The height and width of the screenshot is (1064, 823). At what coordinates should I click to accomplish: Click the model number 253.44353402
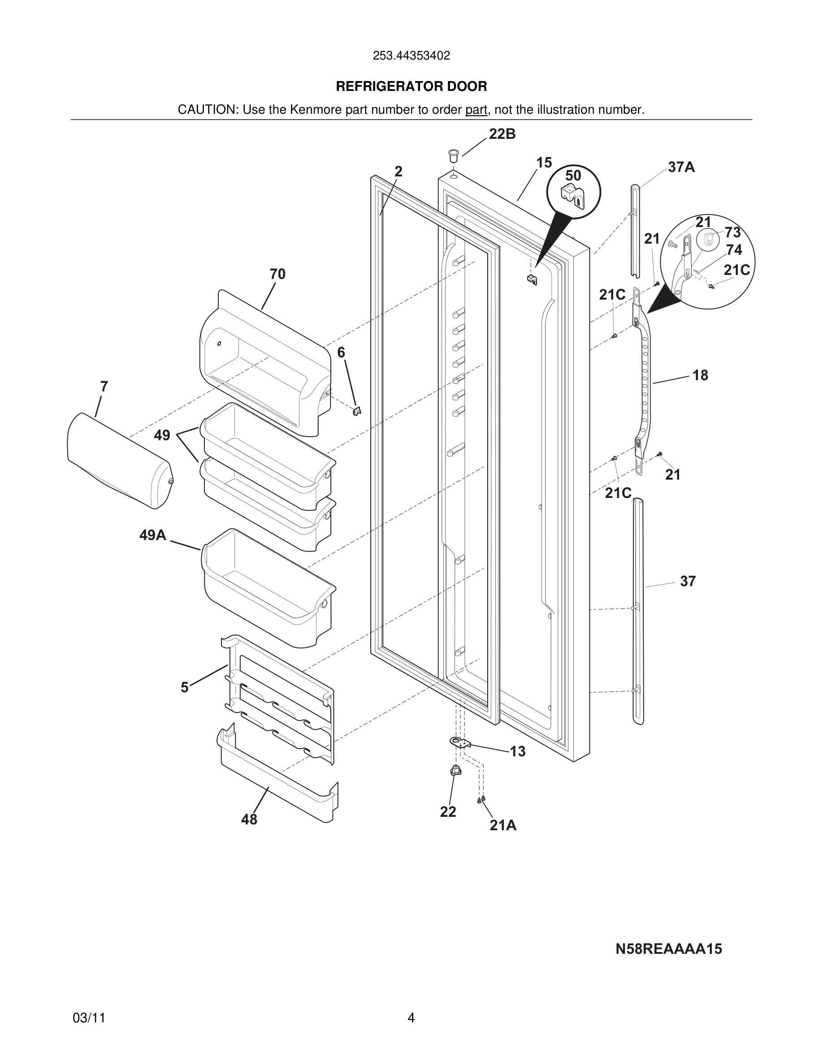click(x=411, y=56)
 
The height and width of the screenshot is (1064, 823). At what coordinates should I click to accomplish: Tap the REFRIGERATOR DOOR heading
click(x=411, y=86)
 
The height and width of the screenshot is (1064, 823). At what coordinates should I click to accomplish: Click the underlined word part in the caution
click(x=476, y=110)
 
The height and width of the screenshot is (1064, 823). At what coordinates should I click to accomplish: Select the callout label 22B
click(x=502, y=134)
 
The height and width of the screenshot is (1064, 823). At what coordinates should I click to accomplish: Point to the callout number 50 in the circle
click(x=573, y=176)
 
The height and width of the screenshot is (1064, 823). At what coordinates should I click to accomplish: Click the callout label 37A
click(x=681, y=167)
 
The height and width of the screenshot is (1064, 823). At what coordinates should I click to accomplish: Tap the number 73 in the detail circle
click(x=732, y=232)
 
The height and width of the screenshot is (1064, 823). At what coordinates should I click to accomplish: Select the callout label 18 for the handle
click(x=700, y=375)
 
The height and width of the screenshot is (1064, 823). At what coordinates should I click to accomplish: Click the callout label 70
click(x=277, y=274)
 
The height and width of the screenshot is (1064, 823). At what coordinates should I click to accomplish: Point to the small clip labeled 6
click(x=357, y=411)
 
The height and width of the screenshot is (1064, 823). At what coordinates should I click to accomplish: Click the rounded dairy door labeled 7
click(x=119, y=460)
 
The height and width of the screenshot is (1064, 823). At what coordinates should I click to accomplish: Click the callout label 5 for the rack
click(x=184, y=687)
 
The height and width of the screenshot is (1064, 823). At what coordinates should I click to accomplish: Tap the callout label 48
click(x=249, y=820)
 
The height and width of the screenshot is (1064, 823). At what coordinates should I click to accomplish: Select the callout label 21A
click(x=502, y=825)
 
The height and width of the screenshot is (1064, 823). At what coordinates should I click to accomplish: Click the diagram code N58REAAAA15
click(x=668, y=948)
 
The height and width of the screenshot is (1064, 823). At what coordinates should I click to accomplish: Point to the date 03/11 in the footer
click(x=89, y=1018)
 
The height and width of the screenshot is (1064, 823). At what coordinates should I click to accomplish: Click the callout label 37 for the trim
click(x=688, y=581)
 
